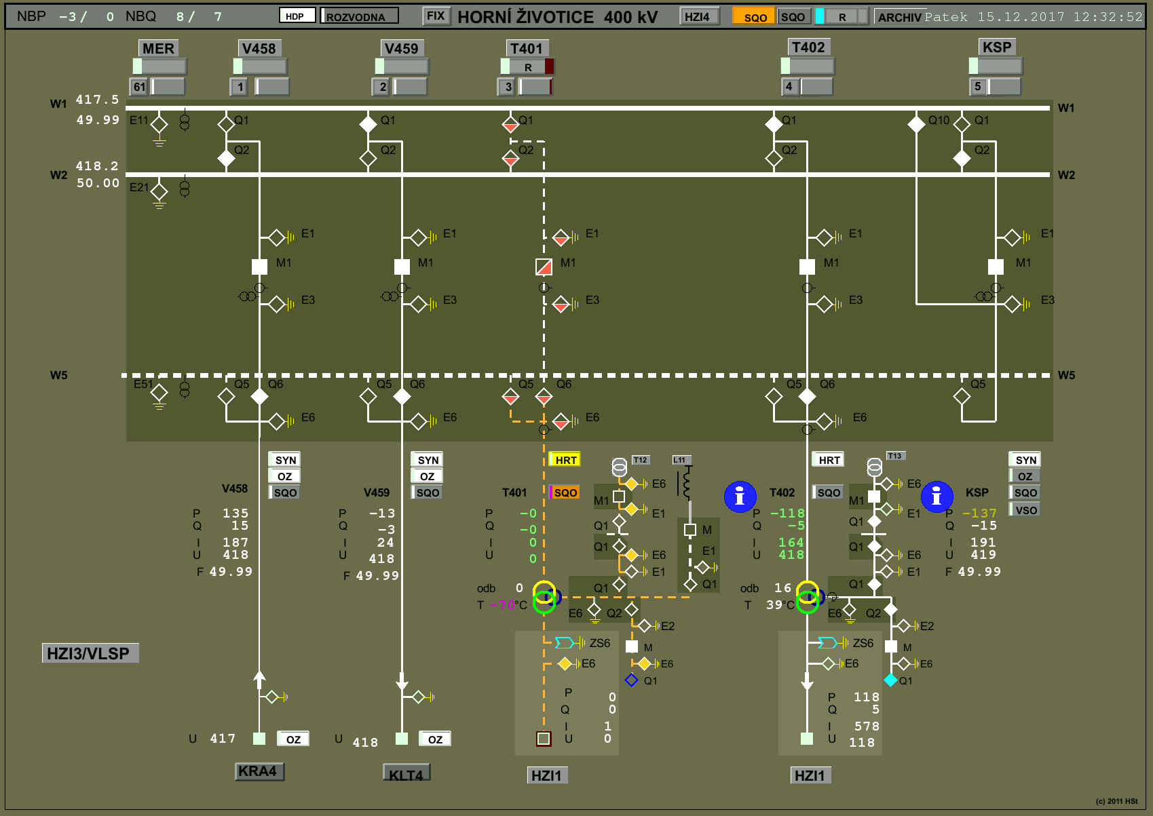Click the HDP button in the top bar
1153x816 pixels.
297,16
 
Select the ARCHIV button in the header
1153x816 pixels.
899,17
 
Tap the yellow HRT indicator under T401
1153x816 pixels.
565,460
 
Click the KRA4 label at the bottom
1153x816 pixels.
259,771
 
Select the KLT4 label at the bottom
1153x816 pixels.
406,773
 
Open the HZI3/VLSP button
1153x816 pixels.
90,653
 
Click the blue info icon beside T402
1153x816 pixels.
740,497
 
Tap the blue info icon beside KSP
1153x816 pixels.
937,497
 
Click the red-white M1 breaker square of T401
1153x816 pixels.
544,267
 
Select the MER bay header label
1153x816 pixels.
158,48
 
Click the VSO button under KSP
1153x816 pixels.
1025,510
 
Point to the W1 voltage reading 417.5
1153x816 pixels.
97,99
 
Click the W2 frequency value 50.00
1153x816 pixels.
98,182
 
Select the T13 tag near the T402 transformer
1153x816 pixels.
895,456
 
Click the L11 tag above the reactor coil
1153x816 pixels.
680,460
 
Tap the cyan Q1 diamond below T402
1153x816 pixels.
890,680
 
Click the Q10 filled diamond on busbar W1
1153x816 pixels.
916,124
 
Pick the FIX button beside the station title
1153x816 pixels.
436,16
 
